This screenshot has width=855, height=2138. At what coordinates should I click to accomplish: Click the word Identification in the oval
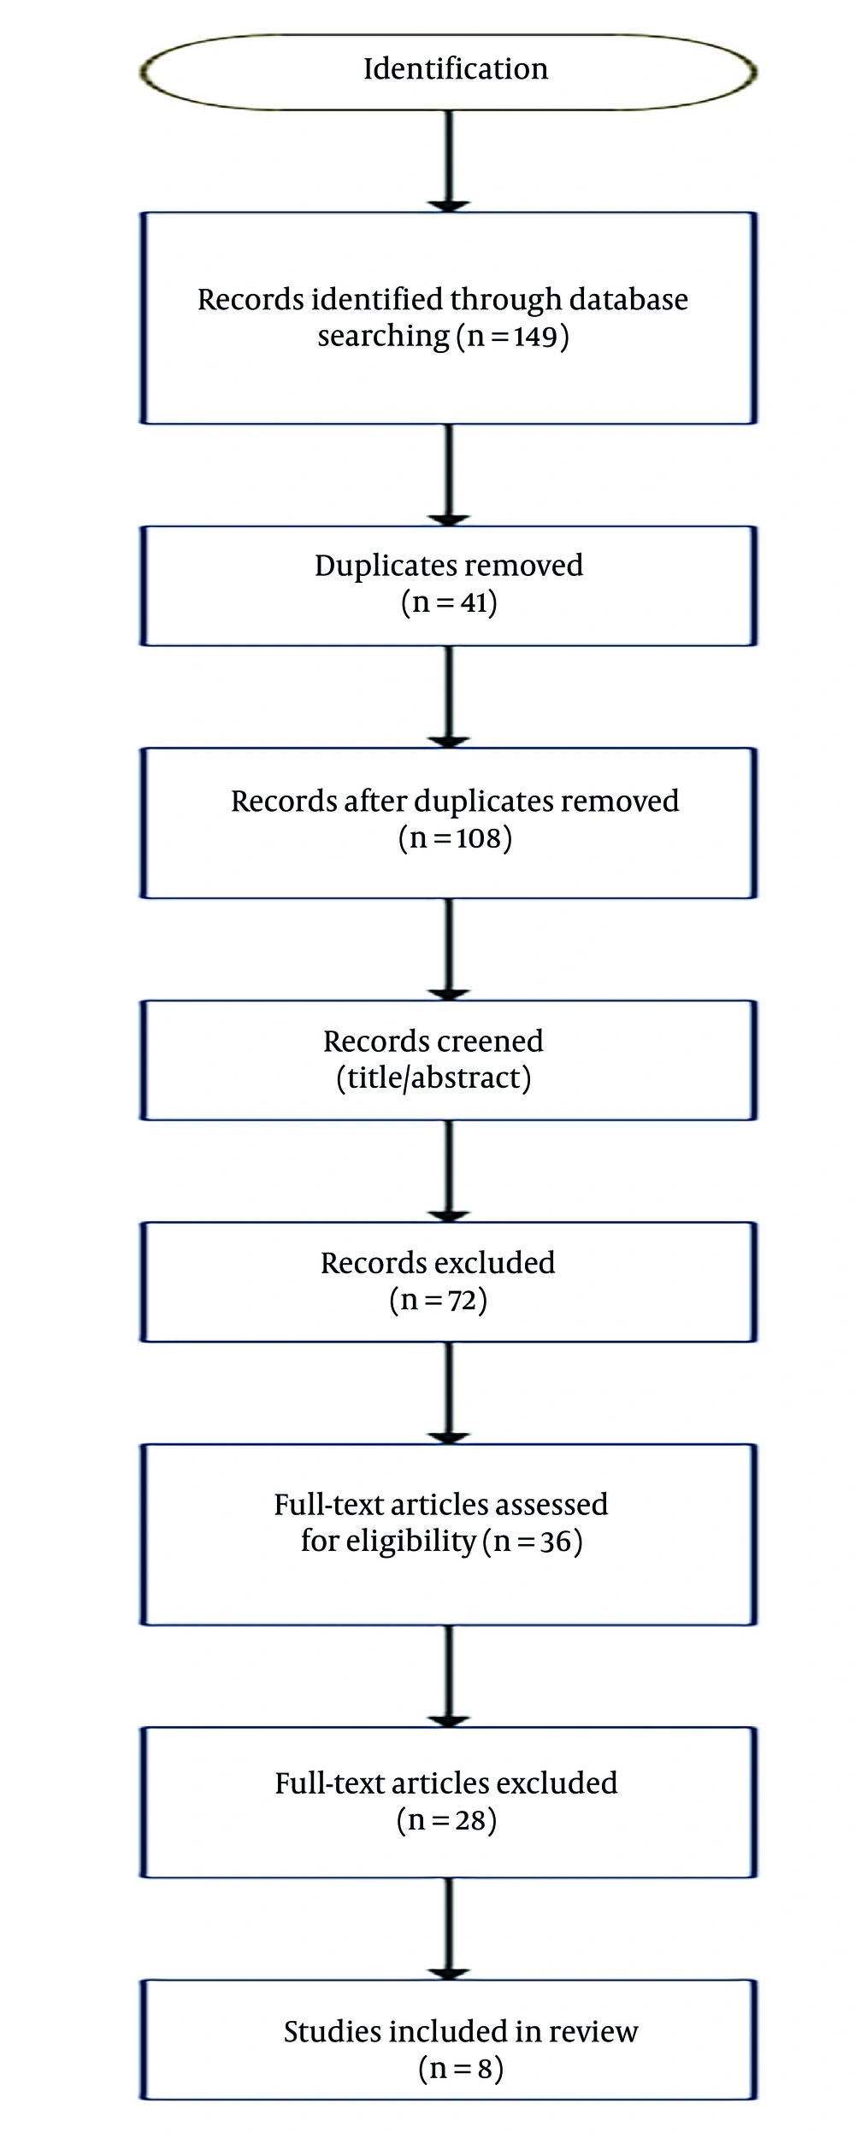(x=456, y=68)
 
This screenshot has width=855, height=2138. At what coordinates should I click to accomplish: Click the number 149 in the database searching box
(x=535, y=336)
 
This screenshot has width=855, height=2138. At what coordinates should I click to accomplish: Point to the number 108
(x=478, y=837)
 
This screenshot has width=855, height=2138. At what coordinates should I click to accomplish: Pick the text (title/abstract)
(x=433, y=1078)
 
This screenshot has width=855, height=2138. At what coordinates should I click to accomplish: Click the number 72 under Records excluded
(x=463, y=1300)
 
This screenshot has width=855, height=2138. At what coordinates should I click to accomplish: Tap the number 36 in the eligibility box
(x=556, y=1541)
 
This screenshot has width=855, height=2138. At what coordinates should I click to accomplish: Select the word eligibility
(x=388, y=1541)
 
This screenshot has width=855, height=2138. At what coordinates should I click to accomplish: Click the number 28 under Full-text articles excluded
(x=471, y=1820)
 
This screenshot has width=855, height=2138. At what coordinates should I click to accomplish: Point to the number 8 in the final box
(x=485, y=2069)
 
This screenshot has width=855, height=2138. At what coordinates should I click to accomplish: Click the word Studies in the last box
(x=333, y=2031)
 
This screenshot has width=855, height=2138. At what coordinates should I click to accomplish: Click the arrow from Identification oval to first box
(x=450, y=161)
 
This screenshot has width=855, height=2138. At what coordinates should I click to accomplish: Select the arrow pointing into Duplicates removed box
(x=450, y=475)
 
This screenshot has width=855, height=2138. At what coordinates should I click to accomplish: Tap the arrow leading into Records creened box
(x=450, y=949)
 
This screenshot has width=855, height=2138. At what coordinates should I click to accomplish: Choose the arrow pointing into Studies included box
(x=450, y=1929)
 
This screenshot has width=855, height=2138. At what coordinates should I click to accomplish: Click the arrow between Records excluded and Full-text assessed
(x=450, y=1393)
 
